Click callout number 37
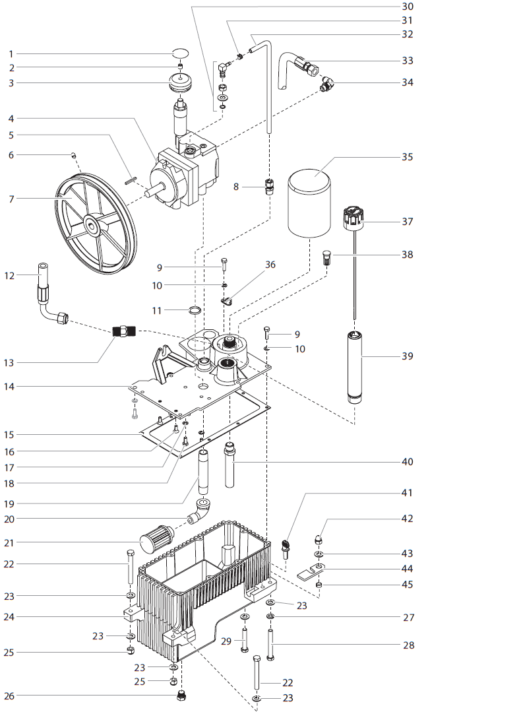click(407, 222)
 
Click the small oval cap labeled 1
click(179, 53)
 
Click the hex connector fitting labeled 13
click(123, 332)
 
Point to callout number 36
click(270, 265)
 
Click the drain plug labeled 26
click(180, 696)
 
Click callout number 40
click(407, 462)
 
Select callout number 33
click(407, 61)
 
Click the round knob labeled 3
click(179, 84)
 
